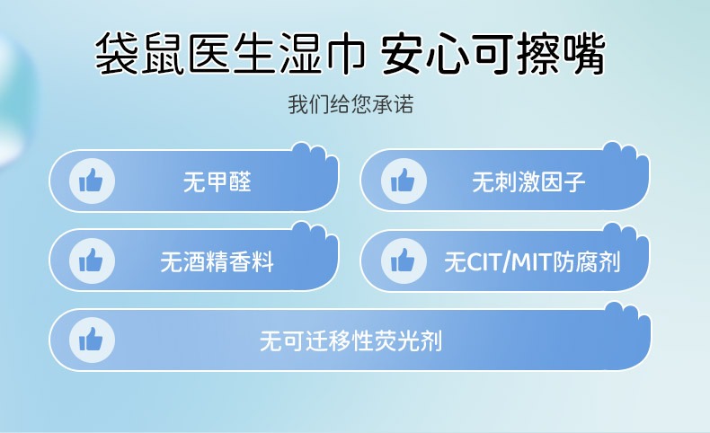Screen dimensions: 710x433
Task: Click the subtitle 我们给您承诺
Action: (x=351, y=104)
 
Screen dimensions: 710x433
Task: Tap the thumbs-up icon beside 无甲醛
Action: (x=92, y=181)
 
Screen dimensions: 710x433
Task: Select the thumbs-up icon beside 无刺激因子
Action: (x=404, y=181)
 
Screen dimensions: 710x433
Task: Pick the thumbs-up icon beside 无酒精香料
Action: (x=92, y=261)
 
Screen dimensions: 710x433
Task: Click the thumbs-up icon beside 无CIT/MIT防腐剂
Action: (x=404, y=261)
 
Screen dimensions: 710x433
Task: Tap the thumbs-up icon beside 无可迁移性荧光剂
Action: (x=92, y=340)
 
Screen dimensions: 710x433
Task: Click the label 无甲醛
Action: (x=217, y=181)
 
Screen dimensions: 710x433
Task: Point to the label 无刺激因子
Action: (x=528, y=181)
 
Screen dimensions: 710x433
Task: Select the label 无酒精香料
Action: (x=217, y=261)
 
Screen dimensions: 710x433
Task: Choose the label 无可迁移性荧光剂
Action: (x=351, y=340)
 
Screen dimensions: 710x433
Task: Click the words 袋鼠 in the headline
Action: (x=140, y=53)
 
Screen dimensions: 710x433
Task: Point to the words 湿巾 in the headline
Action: (x=323, y=53)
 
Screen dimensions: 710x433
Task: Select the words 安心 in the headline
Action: (x=426, y=53)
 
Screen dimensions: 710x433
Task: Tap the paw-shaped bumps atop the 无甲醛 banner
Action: (x=315, y=154)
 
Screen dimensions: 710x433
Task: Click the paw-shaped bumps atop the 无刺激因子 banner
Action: (x=626, y=153)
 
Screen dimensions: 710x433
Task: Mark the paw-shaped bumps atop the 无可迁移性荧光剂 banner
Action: (x=627, y=314)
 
